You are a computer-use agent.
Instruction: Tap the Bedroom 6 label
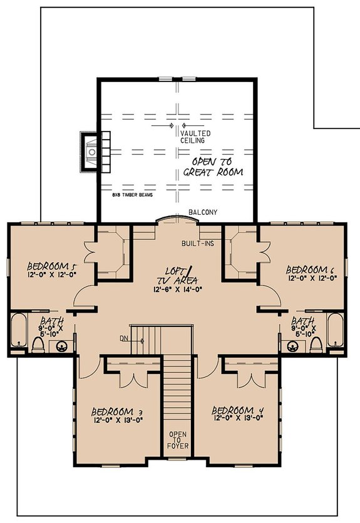pos(311,269)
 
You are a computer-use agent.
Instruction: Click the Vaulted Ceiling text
pos(195,138)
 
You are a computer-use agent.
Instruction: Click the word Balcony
pos(203,213)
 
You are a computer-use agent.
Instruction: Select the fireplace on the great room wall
pos(91,151)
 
